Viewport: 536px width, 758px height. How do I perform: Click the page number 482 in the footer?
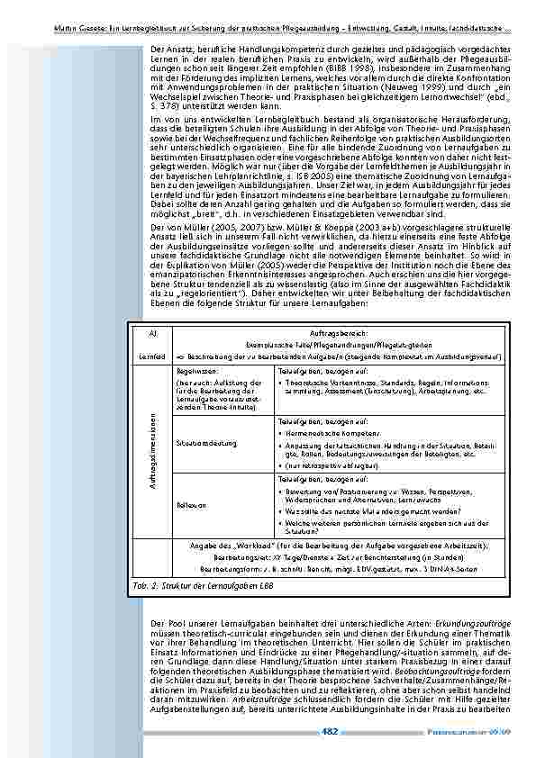tap(330, 730)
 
